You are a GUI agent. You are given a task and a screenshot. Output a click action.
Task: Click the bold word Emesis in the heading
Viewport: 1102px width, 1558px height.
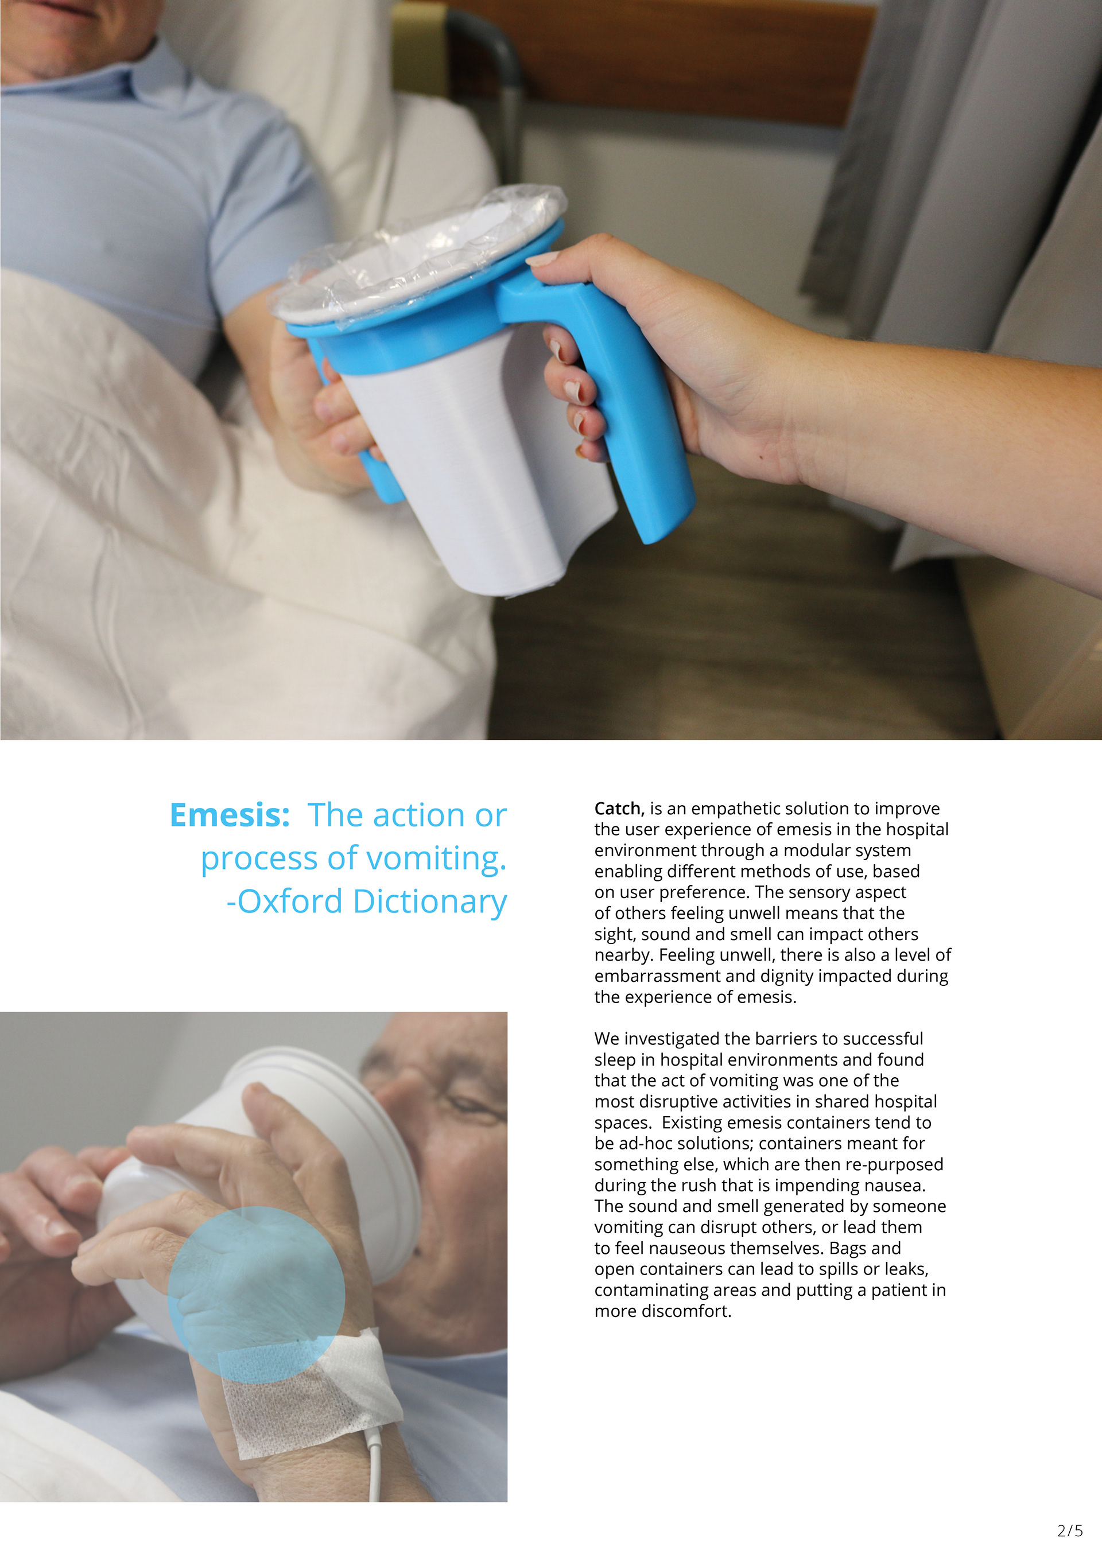tap(230, 815)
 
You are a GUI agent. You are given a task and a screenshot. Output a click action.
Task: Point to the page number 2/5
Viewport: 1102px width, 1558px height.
tap(1070, 1530)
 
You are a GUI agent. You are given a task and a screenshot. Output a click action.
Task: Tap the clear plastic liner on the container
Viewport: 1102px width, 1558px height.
tap(417, 254)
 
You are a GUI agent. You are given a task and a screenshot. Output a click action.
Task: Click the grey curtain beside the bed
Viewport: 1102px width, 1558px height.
tap(950, 170)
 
